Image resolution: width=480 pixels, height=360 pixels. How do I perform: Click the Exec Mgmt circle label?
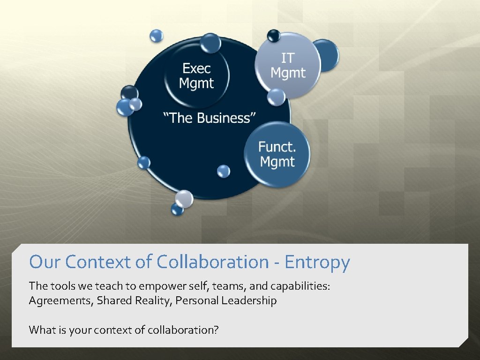point(196,76)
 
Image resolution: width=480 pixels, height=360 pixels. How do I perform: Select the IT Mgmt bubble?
point(288,66)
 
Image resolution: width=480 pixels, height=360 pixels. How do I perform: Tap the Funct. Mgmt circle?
point(277,154)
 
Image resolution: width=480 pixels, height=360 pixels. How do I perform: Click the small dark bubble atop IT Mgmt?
point(273,35)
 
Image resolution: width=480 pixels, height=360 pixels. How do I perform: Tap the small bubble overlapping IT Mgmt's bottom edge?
point(276,97)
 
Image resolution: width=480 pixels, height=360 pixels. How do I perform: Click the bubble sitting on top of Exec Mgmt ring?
point(210,43)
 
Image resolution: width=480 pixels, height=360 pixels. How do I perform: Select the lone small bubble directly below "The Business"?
point(224,171)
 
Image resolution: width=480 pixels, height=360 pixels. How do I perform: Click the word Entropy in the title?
point(317,262)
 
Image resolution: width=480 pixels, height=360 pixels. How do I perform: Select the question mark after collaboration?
point(216,330)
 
